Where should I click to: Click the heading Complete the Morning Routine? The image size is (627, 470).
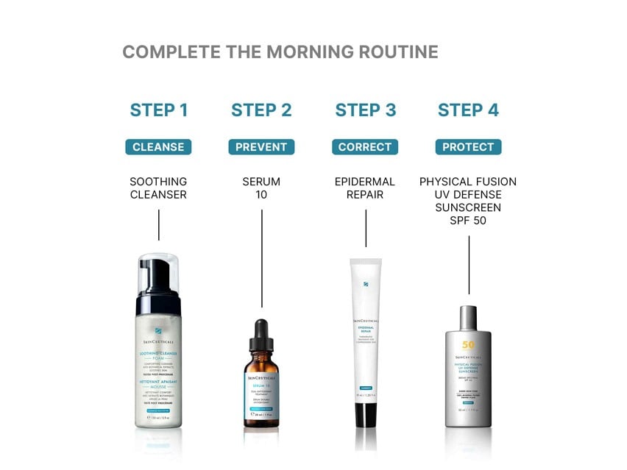click(x=280, y=52)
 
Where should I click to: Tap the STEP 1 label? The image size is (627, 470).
click(x=158, y=110)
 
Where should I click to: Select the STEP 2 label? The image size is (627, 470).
click(x=261, y=110)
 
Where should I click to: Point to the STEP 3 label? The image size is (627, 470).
click(x=365, y=110)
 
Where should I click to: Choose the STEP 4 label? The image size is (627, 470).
click(x=468, y=110)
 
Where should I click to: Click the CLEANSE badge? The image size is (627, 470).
click(x=158, y=147)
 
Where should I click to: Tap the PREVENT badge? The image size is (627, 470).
click(x=261, y=147)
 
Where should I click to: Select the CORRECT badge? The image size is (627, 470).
click(x=365, y=147)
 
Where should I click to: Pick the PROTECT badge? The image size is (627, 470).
click(x=468, y=147)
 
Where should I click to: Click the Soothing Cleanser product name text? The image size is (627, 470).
click(x=158, y=188)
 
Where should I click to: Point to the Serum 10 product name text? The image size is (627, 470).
click(x=261, y=188)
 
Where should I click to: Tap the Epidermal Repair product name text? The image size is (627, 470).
click(x=365, y=188)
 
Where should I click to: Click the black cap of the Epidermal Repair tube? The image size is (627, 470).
click(x=366, y=414)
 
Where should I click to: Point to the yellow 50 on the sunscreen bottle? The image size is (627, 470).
click(x=468, y=345)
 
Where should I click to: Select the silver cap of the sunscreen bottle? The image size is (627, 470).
click(x=468, y=318)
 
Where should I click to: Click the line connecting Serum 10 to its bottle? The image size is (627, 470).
click(x=261, y=257)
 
